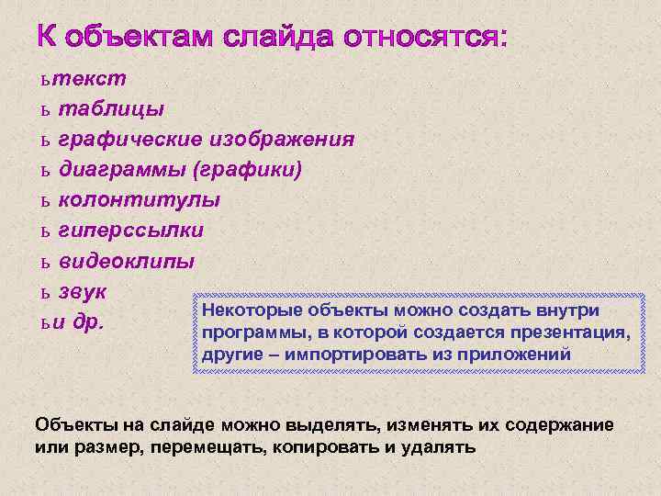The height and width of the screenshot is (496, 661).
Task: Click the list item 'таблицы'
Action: (x=111, y=109)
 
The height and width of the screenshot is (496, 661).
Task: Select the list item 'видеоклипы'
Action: (x=126, y=261)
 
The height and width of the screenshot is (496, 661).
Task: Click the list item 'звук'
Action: (x=84, y=292)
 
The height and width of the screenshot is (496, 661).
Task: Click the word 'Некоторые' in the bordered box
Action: (x=247, y=310)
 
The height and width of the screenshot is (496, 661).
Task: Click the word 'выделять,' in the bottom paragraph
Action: (x=332, y=425)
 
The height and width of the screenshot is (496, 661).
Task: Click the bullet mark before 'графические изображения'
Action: (x=44, y=141)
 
